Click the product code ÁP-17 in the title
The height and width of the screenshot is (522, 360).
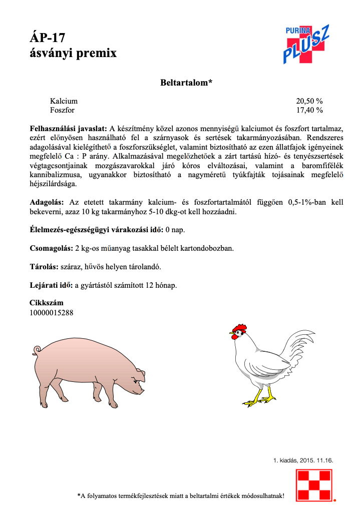pos(48,38)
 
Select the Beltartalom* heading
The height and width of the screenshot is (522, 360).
pos(186,83)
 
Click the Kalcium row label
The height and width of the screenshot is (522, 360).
pos(64,101)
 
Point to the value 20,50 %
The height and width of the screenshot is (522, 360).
pos(309,101)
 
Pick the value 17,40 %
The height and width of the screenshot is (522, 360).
pos(309,110)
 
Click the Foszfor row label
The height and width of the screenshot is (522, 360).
pos(63,110)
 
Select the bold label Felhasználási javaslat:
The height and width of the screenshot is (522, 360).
pos(68,129)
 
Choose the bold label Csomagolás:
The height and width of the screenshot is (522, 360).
pos(52,248)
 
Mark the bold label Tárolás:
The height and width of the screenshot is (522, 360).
pos(44,267)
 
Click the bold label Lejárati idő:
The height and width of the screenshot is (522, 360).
pos(51,285)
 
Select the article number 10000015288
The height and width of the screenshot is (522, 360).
pos(52,312)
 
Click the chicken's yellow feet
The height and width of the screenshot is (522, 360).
pos(260,399)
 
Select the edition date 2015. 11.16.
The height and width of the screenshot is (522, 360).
pos(316,460)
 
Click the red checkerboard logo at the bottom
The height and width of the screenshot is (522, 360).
pos(314,484)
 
